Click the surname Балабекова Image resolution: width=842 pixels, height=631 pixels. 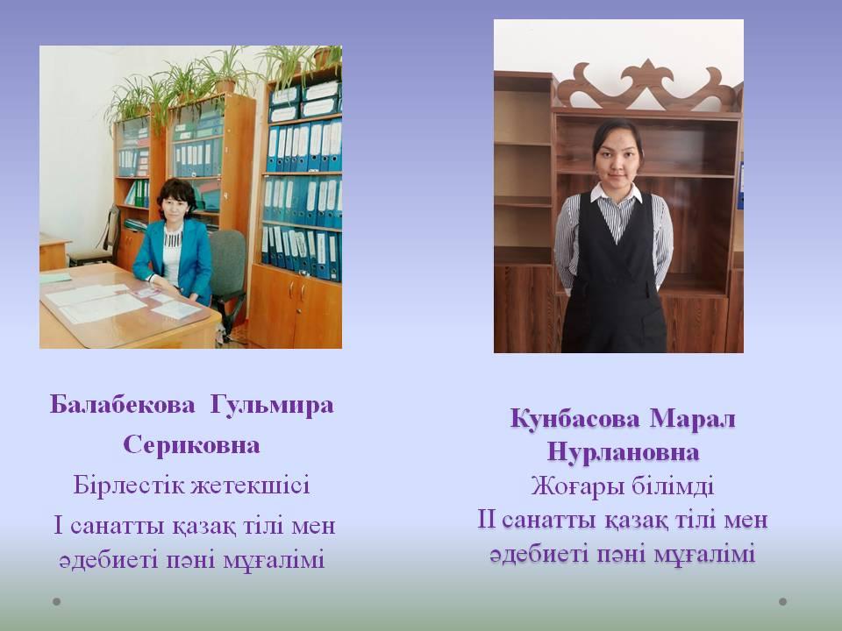(x=123, y=404)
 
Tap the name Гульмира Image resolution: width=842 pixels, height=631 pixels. (x=272, y=405)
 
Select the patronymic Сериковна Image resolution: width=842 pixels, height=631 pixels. (x=192, y=445)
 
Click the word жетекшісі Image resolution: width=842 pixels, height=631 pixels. (x=251, y=485)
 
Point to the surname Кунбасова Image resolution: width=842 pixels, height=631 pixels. (x=575, y=419)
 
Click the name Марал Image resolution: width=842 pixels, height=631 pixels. (x=693, y=419)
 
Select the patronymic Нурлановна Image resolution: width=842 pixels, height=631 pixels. (x=623, y=452)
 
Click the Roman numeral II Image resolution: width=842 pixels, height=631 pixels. (x=487, y=520)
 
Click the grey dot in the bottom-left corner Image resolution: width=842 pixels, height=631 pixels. (x=56, y=601)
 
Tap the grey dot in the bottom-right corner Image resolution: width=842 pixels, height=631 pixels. (x=783, y=601)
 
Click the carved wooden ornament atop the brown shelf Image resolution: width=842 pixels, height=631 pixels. (x=647, y=86)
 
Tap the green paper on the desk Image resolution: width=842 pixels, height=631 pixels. (x=55, y=278)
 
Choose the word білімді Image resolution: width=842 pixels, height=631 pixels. (x=673, y=486)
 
